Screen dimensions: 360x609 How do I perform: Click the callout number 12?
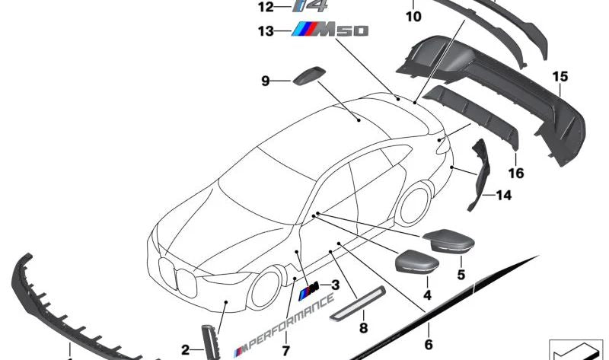[265, 8]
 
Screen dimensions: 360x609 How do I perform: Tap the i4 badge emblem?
[311, 7]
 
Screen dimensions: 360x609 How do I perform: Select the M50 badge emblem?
[330, 30]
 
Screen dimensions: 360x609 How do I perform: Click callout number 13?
[265, 31]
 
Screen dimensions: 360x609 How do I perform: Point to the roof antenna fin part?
[307, 77]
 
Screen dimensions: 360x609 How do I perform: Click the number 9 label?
[266, 80]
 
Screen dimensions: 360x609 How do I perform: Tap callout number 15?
[560, 77]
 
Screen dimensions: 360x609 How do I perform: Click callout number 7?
[285, 351]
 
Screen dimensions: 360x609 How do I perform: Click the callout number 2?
[185, 351]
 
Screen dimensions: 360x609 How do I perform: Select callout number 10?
[413, 14]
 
